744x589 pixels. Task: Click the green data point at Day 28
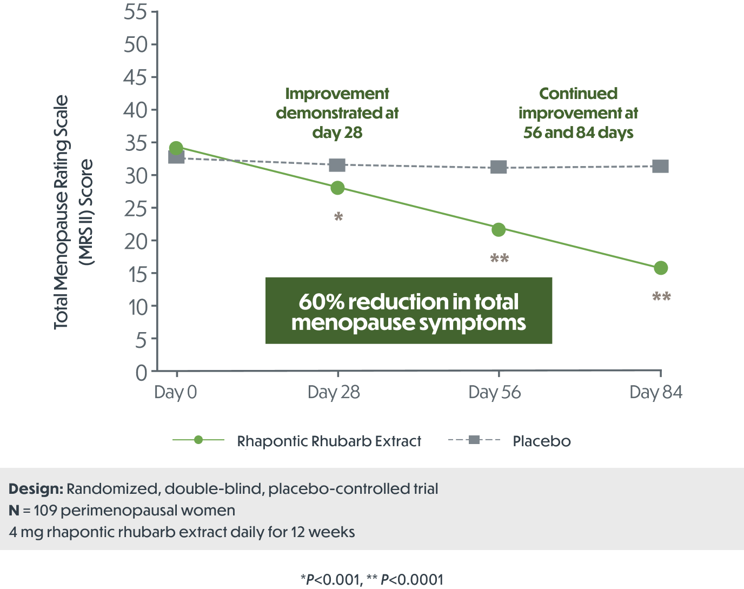pyautogui.click(x=337, y=188)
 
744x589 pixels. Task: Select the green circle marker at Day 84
pyautogui.click(x=660, y=268)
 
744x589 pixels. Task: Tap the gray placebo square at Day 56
pyautogui.click(x=499, y=167)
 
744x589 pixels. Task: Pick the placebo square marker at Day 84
pyautogui.click(x=660, y=166)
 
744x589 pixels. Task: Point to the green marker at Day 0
pyautogui.click(x=176, y=148)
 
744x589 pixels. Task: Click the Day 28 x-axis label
pyautogui.click(x=334, y=392)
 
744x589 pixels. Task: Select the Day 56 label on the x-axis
pyautogui.click(x=494, y=392)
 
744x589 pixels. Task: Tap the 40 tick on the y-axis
pyautogui.click(x=136, y=110)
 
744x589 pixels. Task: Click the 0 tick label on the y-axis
pyautogui.click(x=141, y=373)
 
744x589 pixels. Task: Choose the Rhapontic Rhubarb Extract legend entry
pyautogui.click(x=328, y=441)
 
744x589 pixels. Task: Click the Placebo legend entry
pyautogui.click(x=541, y=441)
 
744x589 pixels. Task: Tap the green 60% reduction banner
pyautogui.click(x=409, y=311)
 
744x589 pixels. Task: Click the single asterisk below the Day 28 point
pyautogui.click(x=338, y=217)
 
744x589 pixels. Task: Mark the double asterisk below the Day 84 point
pyautogui.click(x=661, y=297)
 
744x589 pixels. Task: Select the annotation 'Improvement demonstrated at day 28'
pyautogui.click(x=337, y=113)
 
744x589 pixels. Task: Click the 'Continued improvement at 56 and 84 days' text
pyautogui.click(x=578, y=113)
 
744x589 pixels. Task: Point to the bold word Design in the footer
pyautogui.click(x=36, y=489)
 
